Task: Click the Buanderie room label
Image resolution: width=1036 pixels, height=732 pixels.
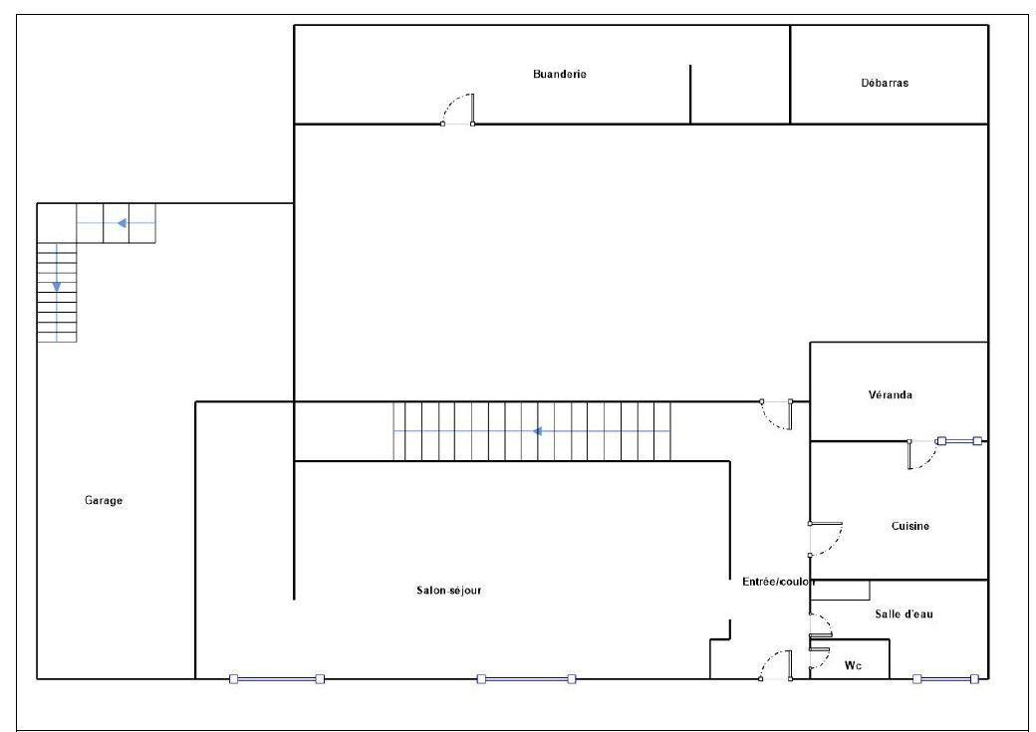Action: (x=560, y=74)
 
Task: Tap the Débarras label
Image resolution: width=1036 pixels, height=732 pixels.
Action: (x=885, y=83)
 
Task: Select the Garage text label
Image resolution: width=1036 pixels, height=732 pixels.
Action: (x=104, y=500)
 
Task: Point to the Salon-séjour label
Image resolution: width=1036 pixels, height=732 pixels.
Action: (x=448, y=590)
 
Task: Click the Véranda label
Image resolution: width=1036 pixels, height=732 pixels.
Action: (x=890, y=394)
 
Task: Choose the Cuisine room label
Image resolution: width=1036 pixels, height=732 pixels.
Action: (x=910, y=526)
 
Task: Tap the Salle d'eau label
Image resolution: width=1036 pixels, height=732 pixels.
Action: (x=904, y=613)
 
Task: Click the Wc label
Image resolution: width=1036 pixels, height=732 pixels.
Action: (x=853, y=665)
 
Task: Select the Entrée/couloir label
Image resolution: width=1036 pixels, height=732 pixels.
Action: (x=778, y=582)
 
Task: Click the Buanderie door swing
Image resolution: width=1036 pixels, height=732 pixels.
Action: (x=458, y=109)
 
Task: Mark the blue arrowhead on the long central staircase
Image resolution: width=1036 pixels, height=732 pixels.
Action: (x=538, y=431)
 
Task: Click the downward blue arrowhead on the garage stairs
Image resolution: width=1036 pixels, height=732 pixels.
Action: (x=57, y=286)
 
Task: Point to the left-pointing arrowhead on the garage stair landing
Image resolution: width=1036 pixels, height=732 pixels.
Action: (x=123, y=223)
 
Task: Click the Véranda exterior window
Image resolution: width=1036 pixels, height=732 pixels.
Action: (x=958, y=440)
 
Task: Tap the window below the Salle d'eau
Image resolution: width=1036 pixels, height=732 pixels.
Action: (x=944, y=678)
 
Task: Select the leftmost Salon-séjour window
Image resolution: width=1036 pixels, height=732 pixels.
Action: (x=276, y=678)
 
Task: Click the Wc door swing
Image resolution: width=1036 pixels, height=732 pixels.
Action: (x=819, y=658)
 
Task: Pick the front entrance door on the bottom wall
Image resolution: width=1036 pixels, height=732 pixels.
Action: (x=776, y=665)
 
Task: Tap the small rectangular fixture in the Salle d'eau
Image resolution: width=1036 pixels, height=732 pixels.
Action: (x=840, y=590)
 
